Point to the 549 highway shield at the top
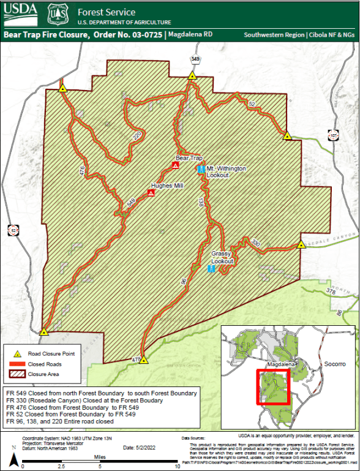195,59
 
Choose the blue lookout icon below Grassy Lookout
211,269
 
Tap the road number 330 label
255,244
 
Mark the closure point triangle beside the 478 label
143,361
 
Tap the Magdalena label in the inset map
281,364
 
